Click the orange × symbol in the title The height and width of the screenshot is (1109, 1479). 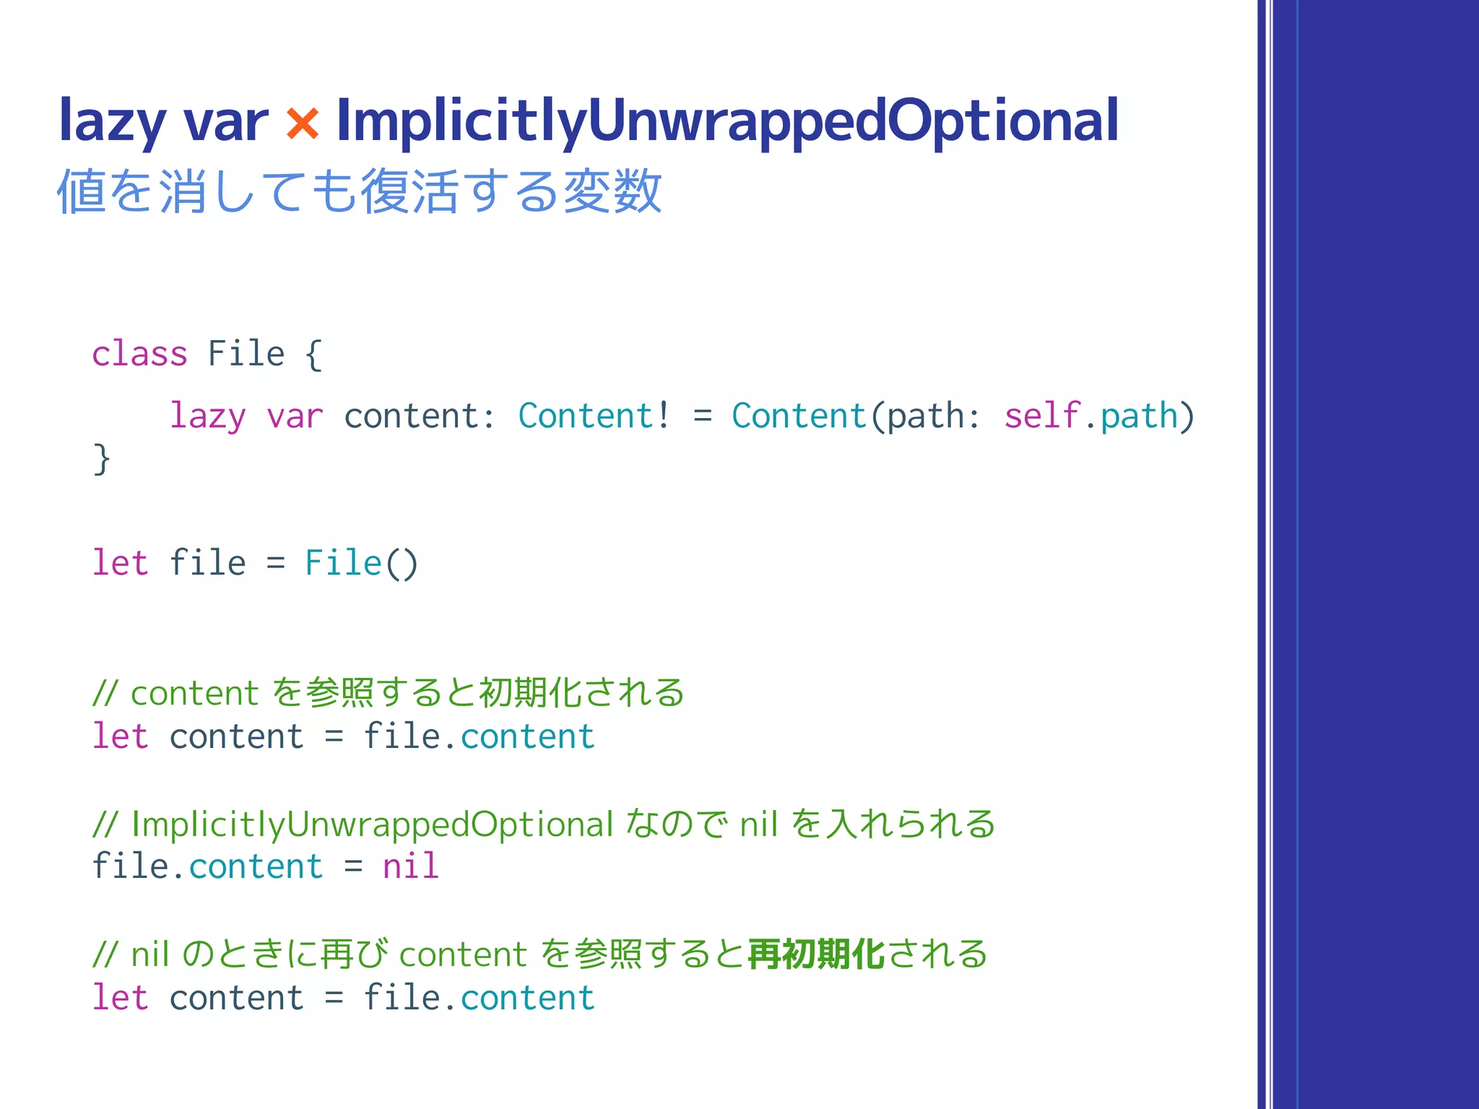(303, 123)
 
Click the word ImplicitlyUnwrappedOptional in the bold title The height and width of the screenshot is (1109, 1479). (727, 121)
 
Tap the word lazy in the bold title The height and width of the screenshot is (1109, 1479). (112, 121)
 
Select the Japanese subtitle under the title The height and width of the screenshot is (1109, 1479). (359, 191)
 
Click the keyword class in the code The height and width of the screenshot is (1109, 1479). (139, 354)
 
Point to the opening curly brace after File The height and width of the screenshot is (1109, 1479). (313, 355)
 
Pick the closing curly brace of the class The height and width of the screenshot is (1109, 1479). (102, 459)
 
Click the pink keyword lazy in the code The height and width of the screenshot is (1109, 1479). (207, 417)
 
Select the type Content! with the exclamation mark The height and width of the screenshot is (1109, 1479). (594, 416)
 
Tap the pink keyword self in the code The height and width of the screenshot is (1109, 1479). (1041, 416)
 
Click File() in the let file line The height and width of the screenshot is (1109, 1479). (361, 563)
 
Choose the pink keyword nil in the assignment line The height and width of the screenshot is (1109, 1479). (410, 866)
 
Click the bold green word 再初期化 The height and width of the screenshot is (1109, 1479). (816, 954)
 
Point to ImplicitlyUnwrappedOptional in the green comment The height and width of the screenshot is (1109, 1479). (372, 825)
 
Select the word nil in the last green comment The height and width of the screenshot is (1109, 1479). (149, 954)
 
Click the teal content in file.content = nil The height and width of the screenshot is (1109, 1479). (256, 866)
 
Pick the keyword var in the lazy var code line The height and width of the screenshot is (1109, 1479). (294, 417)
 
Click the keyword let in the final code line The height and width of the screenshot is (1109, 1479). (120, 998)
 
